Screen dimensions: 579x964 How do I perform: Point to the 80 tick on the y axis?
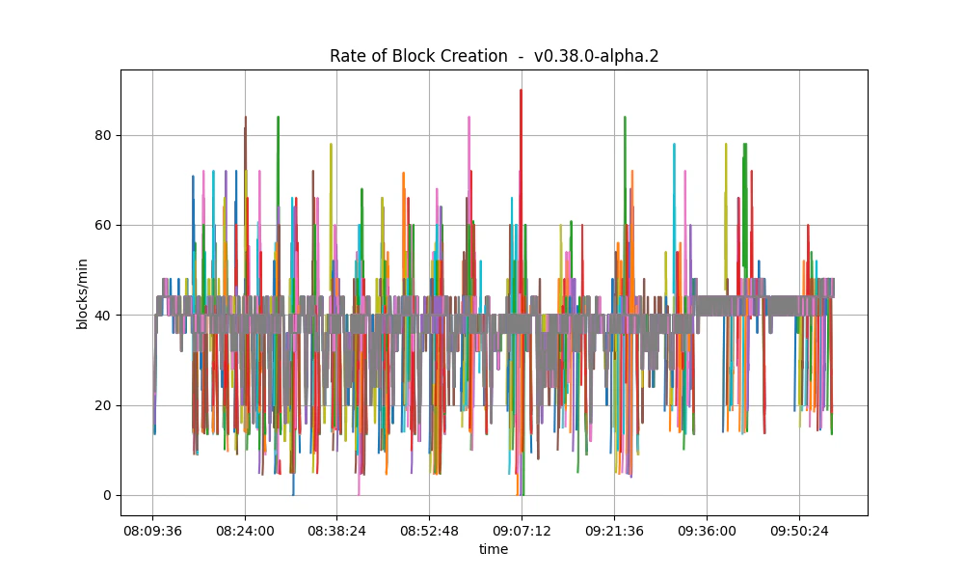(x=100, y=135)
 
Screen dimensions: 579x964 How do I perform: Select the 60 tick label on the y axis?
(x=100, y=225)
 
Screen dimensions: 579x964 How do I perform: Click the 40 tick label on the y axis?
(x=100, y=316)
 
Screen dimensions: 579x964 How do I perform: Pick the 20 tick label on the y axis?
(x=100, y=405)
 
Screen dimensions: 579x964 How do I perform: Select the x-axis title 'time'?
(x=494, y=549)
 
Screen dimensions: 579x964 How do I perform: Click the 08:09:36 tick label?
(x=152, y=531)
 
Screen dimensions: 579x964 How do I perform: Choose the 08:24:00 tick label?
(x=245, y=531)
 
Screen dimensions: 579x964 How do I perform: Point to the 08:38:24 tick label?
(x=336, y=531)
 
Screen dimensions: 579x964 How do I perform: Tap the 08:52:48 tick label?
(x=429, y=531)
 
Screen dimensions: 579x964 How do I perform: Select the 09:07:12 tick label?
(x=522, y=531)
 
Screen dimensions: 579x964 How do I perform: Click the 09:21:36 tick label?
(x=614, y=531)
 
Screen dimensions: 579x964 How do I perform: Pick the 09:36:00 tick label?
(x=707, y=531)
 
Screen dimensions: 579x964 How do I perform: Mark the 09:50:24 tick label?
(x=798, y=531)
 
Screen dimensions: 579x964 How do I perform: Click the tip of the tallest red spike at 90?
(x=521, y=91)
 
